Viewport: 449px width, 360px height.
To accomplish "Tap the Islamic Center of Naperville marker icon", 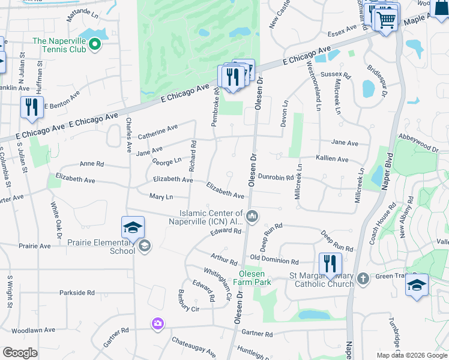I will pyautogui.click(x=253, y=217).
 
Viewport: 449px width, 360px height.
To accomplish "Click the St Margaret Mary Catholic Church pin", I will pyautogui.click(x=363, y=278).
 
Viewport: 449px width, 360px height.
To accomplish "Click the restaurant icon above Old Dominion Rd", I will pyautogui.click(x=330, y=264).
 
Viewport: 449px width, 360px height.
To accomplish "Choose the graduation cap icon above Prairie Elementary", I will pyautogui.click(x=133, y=227).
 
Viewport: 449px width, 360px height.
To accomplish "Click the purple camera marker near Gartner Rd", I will pyautogui.click(x=157, y=324).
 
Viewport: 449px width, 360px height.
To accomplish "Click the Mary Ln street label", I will pyautogui.click(x=161, y=196).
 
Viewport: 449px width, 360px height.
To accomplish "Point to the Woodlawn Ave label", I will pyautogui.click(x=33, y=330).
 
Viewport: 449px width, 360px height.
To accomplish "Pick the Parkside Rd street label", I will pyautogui.click(x=77, y=293).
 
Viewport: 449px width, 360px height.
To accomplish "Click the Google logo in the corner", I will pyautogui.click(x=20, y=352).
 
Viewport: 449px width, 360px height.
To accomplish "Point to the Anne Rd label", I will pyautogui.click(x=92, y=164).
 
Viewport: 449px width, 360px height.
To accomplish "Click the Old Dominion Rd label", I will pyautogui.click(x=274, y=262).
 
